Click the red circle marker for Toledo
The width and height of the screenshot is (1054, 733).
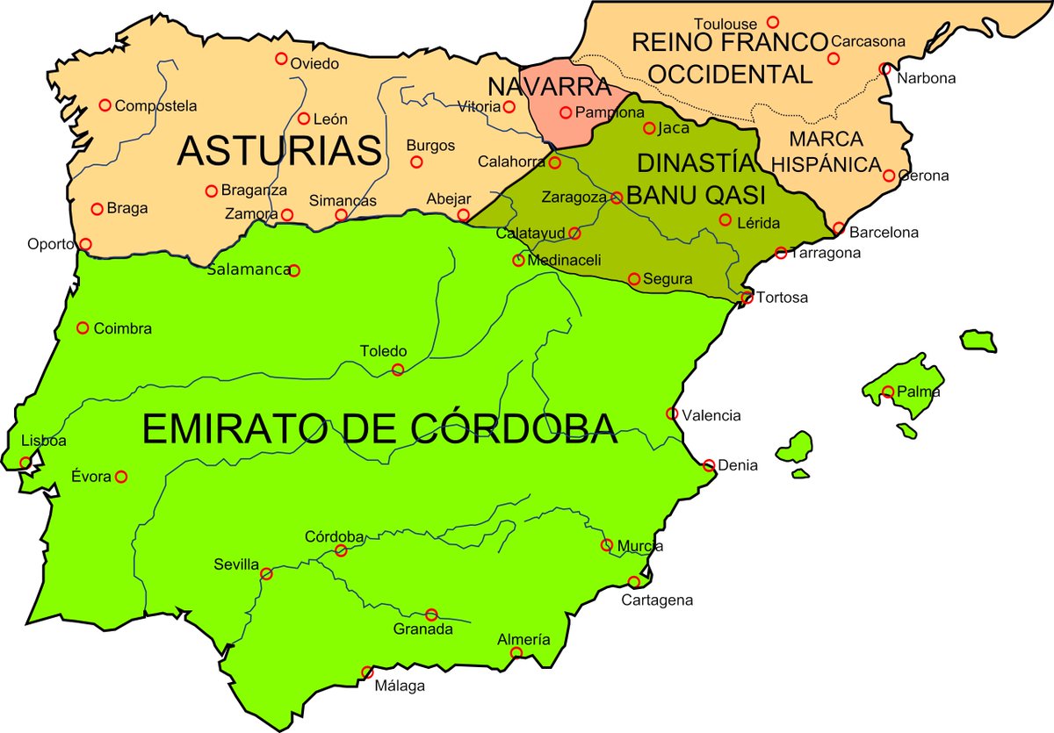tap(398, 370)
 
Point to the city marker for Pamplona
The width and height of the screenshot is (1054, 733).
tap(566, 112)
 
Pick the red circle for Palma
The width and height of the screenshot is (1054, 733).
tap(889, 392)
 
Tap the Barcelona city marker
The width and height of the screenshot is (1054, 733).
tap(839, 228)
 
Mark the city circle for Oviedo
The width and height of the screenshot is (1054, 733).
tap(281, 59)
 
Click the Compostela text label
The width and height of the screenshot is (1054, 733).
tap(155, 105)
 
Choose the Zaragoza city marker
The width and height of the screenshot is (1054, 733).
tap(617, 198)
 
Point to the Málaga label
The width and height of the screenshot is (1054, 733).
tap(400, 686)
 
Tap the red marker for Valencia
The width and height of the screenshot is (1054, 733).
tap(672, 413)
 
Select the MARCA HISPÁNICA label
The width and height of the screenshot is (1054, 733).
tap(834, 152)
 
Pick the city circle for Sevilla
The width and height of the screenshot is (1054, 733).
tap(266, 574)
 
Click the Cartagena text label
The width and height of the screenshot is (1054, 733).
tap(657, 600)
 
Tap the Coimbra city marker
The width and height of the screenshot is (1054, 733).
tap(83, 328)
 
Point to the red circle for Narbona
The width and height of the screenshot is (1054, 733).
tap(884, 68)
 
